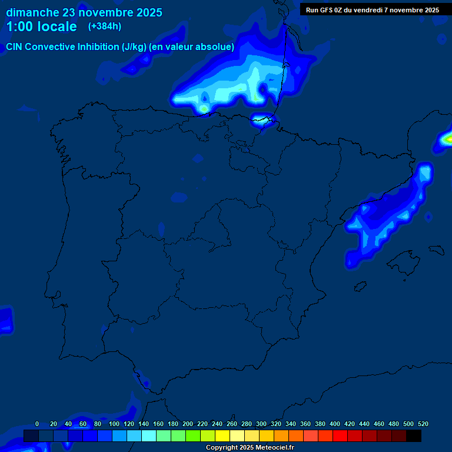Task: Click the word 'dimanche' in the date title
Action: (x=32, y=12)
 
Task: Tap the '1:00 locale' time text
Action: (x=41, y=27)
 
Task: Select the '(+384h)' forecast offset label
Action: (x=105, y=26)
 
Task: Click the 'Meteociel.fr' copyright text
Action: (x=274, y=448)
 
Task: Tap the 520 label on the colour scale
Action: (x=423, y=424)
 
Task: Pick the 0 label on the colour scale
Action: (x=37, y=424)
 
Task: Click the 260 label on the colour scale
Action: (x=231, y=424)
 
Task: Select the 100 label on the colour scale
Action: (x=114, y=424)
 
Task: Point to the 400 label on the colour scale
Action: (x=335, y=424)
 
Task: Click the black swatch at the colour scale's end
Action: (x=414, y=436)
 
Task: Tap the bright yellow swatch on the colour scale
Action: (x=222, y=436)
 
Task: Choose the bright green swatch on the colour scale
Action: (x=193, y=436)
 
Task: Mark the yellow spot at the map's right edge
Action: (x=448, y=139)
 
